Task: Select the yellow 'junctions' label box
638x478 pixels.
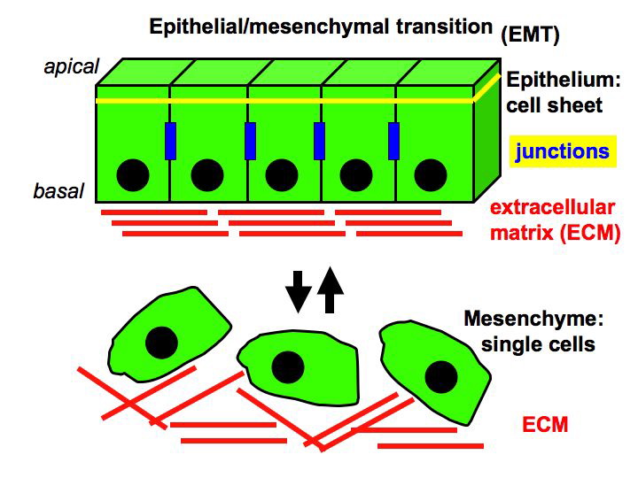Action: point(564,151)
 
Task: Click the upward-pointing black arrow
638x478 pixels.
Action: point(330,289)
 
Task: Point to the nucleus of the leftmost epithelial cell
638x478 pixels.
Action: point(133,174)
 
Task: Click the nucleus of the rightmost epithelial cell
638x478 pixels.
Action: point(430,174)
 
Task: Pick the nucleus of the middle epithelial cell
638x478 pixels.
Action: point(282,174)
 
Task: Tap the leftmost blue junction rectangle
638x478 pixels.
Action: point(171,142)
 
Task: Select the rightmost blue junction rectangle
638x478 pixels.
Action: point(393,142)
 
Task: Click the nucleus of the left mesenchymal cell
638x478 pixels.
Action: point(160,341)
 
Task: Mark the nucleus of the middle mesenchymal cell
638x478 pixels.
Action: point(287,364)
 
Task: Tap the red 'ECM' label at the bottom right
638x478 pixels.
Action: point(545,426)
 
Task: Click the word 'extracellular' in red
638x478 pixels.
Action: point(552,208)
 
